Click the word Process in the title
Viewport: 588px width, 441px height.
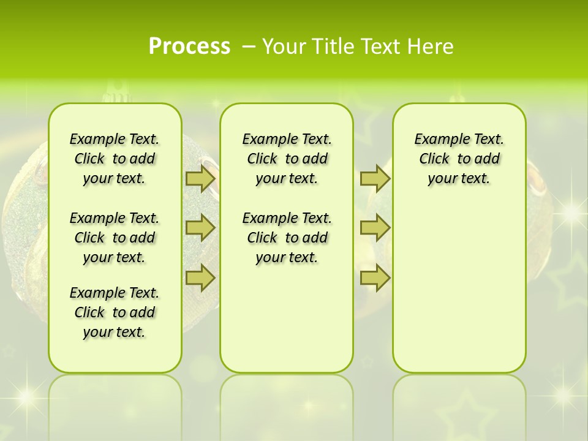point(189,47)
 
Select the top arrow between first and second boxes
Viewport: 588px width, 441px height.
point(200,179)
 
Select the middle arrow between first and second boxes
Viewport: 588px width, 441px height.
point(200,228)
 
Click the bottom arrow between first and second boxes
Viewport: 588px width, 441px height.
point(200,277)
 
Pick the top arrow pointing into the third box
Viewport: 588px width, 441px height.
point(375,179)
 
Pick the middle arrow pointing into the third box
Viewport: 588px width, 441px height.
point(375,228)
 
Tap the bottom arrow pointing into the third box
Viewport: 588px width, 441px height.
point(375,277)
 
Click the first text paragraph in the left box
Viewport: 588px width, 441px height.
point(115,159)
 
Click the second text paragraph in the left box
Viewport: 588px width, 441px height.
point(115,238)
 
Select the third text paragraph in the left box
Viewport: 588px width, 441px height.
point(115,312)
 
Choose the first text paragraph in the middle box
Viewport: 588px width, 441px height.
point(287,159)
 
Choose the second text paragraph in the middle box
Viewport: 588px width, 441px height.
point(287,238)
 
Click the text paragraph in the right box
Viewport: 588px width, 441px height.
point(459,159)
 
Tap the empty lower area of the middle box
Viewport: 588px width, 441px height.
point(287,318)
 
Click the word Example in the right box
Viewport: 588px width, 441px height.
point(437,139)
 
